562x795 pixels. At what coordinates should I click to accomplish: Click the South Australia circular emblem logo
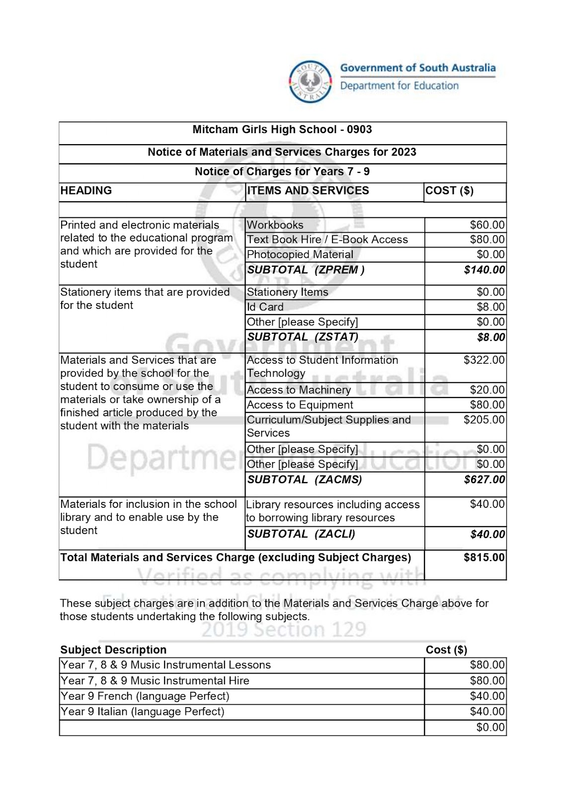(x=311, y=82)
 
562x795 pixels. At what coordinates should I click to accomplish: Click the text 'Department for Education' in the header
(x=399, y=86)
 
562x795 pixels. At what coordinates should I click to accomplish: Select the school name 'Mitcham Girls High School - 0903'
(x=282, y=130)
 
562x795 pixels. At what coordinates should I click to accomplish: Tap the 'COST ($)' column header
(x=449, y=191)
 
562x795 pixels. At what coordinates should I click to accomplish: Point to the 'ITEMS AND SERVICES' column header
(x=308, y=191)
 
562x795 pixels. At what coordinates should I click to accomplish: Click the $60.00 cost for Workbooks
(x=487, y=225)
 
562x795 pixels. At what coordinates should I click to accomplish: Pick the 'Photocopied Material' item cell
(x=300, y=254)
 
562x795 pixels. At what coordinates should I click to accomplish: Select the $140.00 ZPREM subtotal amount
(x=484, y=270)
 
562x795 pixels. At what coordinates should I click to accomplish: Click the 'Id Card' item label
(x=265, y=307)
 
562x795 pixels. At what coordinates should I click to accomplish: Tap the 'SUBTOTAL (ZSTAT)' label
(x=303, y=337)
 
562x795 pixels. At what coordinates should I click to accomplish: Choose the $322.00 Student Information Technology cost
(x=484, y=360)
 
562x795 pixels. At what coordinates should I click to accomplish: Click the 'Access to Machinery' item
(x=299, y=390)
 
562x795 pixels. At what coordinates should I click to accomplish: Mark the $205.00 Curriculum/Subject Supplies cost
(x=484, y=420)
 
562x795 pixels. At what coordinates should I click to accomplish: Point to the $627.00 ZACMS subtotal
(x=484, y=479)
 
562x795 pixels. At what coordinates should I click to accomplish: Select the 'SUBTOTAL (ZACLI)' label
(x=301, y=534)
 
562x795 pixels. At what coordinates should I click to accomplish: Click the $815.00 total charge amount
(x=484, y=557)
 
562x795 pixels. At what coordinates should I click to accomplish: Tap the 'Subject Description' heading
(x=113, y=650)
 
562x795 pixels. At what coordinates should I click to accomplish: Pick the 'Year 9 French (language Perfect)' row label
(x=145, y=696)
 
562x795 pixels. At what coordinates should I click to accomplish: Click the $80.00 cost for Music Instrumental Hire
(x=487, y=681)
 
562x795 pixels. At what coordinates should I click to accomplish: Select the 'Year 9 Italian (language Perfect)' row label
(x=142, y=712)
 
